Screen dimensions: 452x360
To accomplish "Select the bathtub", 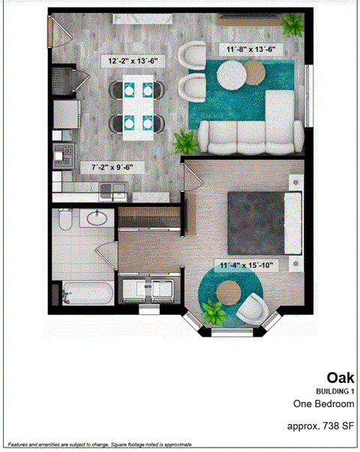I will pyautogui.click(x=84, y=293).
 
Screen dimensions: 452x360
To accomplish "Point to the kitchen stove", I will pyautogui.click(x=59, y=158).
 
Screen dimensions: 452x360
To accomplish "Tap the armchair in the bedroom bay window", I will pyautogui.click(x=251, y=307).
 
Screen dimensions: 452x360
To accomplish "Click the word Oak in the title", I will pyautogui.click(x=340, y=377).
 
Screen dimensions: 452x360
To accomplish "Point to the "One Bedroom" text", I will pyautogui.click(x=323, y=404).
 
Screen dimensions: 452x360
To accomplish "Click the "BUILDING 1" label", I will pyautogui.click(x=334, y=392).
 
